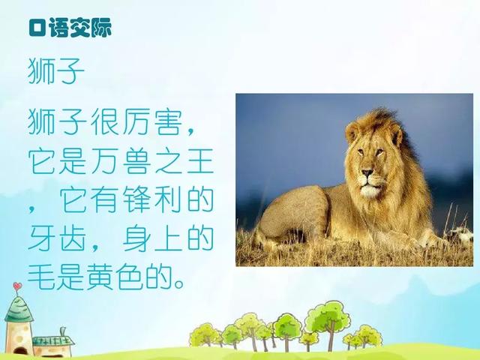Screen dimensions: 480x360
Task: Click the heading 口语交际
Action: coord(70,28)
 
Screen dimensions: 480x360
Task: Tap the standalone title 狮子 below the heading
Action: coord(55,71)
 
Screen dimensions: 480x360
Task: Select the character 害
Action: coord(168,121)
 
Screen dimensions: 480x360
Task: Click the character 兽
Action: coord(136,161)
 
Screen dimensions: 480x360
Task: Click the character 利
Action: coord(168,200)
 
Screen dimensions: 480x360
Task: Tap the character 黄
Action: coord(101,277)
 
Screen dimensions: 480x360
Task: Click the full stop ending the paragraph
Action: coord(179,283)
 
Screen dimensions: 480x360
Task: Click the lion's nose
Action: coord(367,173)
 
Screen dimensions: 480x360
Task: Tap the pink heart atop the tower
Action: coord(17,286)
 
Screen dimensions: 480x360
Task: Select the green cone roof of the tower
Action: coord(19,309)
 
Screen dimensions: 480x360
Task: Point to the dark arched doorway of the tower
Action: coord(20,351)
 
